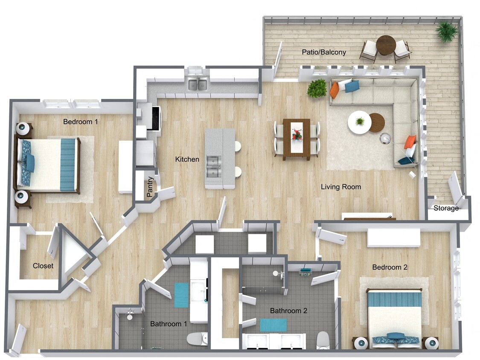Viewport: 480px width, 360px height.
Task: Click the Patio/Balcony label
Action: [x=324, y=52]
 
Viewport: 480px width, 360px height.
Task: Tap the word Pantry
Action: [x=150, y=187]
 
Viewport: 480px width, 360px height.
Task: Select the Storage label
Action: [x=446, y=208]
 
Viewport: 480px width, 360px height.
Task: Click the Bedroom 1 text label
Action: [x=81, y=122]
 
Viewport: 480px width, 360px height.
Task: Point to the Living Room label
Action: [x=340, y=186]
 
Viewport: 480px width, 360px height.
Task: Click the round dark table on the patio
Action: [x=386, y=45]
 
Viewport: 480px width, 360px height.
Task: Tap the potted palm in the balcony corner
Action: [x=447, y=32]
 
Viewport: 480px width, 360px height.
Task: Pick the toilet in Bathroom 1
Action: [x=197, y=339]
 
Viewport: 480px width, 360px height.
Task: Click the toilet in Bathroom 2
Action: [x=323, y=340]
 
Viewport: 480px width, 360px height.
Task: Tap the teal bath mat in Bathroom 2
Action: [x=273, y=325]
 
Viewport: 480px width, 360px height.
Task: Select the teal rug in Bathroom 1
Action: [x=181, y=295]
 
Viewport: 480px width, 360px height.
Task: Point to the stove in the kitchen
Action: [x=154, y=118]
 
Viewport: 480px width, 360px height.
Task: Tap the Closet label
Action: [x=43, y=266]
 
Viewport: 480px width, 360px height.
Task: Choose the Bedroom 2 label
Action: [x=390, y=267]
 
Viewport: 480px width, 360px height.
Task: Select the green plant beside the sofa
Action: [x=317, y=88]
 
